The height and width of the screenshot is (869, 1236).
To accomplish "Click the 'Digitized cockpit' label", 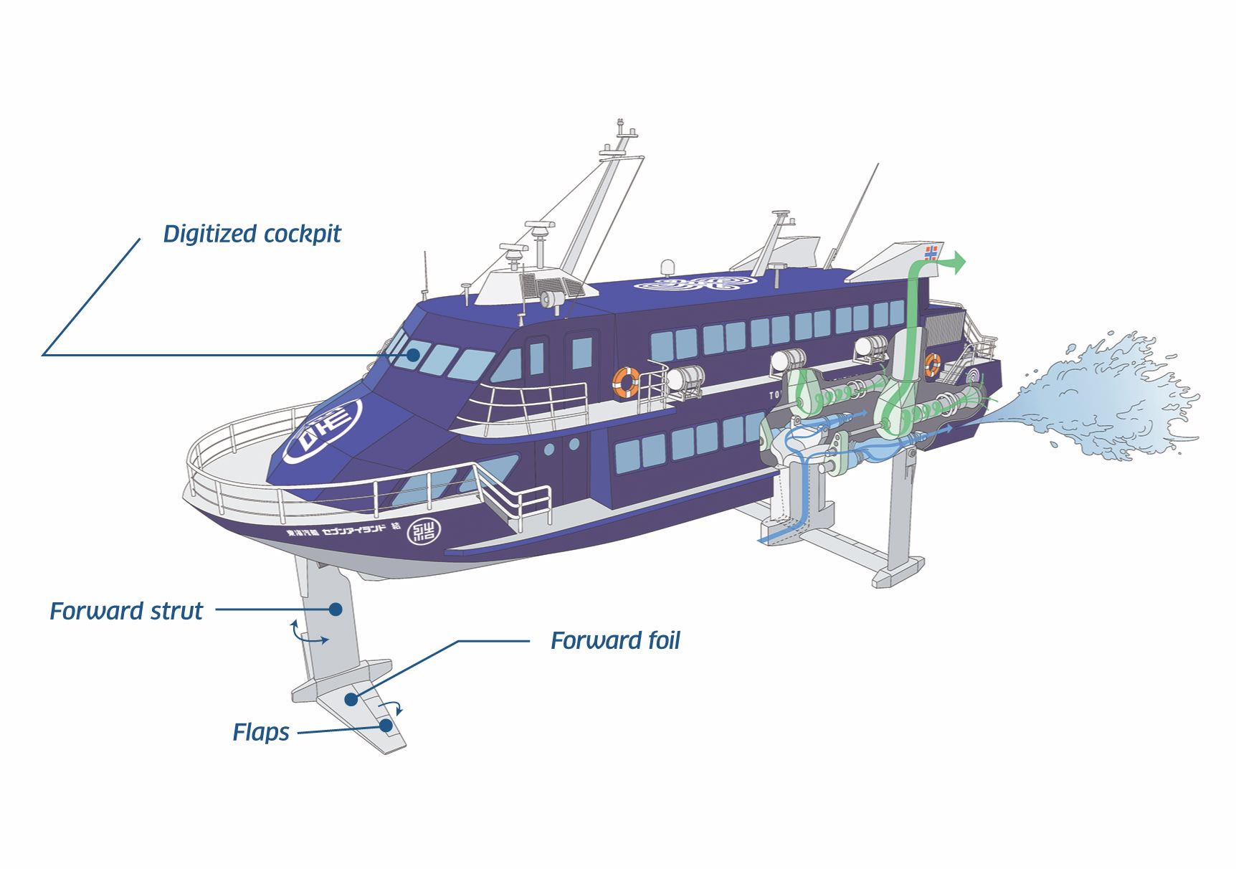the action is click(x=252, y=234).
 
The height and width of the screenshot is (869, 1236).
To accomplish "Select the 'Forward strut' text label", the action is click(x=126, y=611).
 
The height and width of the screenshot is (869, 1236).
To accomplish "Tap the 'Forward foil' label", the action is click(x=614, y=640).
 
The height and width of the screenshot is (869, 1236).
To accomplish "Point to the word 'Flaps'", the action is click(x=261, y=732).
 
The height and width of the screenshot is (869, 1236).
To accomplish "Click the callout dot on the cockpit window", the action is click(x=413, y=354).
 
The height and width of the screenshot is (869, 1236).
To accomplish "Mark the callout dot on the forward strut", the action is click(x=336, y=609).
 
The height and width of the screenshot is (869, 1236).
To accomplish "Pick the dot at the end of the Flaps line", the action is click(x=386, y=726).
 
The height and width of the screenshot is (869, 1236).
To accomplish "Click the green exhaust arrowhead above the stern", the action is click(x=957, y=262).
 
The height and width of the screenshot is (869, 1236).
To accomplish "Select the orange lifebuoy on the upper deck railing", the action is click(x=626, y=382).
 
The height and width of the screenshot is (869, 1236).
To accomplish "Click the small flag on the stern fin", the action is click(x=931, y=253).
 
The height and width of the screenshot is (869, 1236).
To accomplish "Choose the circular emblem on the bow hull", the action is click(x=424, y=531).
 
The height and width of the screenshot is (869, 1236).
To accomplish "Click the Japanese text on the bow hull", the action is click(x=343, y=531).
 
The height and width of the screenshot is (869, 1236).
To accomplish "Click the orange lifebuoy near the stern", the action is click(x=932, y=364).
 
